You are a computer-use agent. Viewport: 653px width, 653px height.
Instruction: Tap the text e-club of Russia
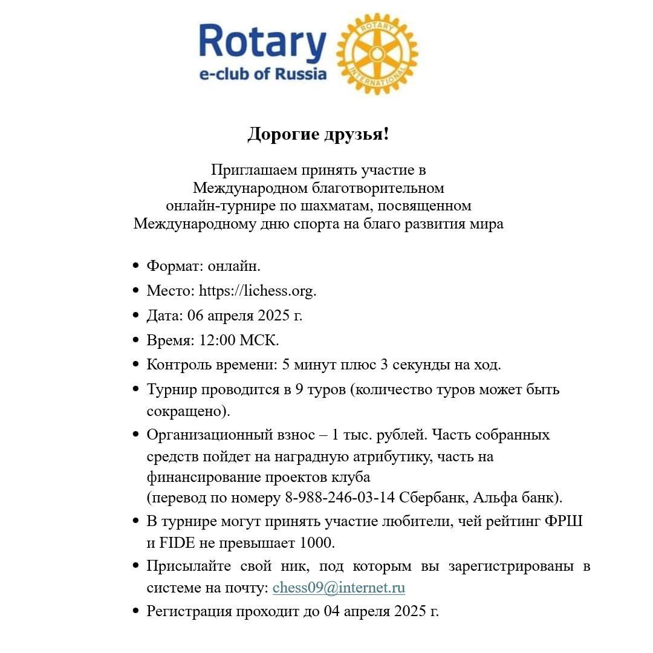(x=263, y=74)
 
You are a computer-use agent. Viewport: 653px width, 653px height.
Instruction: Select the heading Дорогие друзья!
(x=318, y=134)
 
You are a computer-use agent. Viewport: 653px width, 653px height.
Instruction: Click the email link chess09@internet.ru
(x=339, y=588)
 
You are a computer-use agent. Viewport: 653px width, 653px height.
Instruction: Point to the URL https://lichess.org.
(x=257, y=291)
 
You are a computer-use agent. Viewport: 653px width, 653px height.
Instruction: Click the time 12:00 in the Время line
(x=217, y=340)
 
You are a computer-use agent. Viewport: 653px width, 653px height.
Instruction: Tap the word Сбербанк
(x=434, y=498)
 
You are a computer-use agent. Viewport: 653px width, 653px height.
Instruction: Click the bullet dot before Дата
(x=136, y=316)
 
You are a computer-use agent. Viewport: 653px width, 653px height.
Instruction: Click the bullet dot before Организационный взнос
(x=136, y=435)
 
